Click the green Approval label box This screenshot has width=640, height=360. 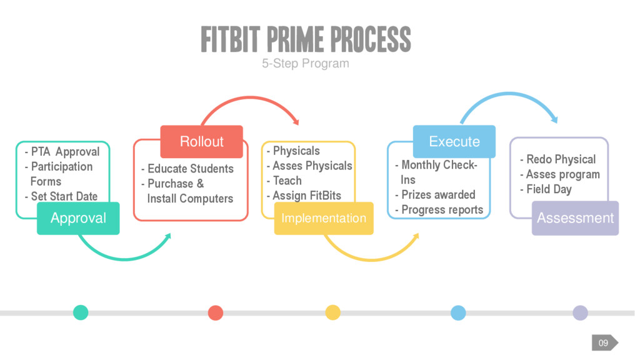pos(78,218)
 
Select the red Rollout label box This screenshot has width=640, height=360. pos(201,142)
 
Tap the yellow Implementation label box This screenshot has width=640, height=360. pos(324,218)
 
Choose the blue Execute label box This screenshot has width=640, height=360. pos(454,141)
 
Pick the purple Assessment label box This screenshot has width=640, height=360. pos(575,218)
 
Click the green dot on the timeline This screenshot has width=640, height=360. pos(81,312)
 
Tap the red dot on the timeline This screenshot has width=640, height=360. pos(216,312)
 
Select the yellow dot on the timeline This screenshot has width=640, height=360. pos(333,312)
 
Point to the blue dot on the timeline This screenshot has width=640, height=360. pos(458,312)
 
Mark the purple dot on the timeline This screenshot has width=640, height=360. pos(581,312)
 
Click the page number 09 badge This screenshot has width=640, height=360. pos(604,342)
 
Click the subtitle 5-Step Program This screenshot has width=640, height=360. pos(305,64)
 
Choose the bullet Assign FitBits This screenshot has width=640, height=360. pos(307,196)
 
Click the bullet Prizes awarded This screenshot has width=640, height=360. pos(438,194)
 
